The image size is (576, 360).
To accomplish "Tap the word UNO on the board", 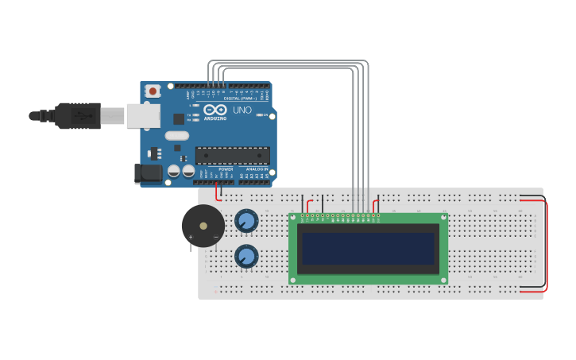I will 242,110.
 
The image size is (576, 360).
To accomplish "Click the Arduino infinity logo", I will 215,110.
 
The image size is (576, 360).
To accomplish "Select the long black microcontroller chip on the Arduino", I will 232,155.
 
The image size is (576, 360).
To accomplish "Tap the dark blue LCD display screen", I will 369,248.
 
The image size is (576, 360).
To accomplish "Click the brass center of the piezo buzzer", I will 203,226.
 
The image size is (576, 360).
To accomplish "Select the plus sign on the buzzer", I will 191,237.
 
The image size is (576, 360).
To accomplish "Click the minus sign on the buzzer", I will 215,237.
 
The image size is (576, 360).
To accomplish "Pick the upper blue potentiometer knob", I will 246,221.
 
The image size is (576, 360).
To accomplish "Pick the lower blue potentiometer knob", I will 246,256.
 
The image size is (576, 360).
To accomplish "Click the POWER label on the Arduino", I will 226,169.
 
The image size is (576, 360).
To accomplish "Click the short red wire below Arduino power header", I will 218,192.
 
